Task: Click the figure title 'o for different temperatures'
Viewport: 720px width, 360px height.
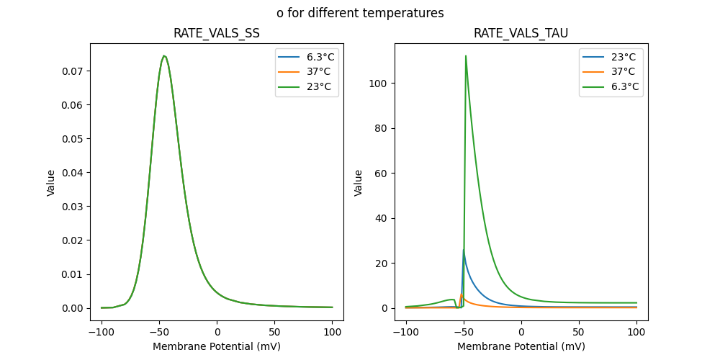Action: coord(360,13)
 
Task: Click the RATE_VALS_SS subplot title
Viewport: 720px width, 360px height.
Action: coord(217,33)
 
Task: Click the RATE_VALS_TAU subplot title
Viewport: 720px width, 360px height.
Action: coord(521,33)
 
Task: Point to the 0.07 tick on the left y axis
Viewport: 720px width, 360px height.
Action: coord(73,71)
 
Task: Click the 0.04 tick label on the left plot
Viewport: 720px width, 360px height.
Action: coord(73,173)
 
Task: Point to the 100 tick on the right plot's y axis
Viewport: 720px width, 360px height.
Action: coord(379,84)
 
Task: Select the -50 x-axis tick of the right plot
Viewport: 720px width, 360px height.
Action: coord(464,332)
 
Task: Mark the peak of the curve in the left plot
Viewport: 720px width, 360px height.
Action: coord(164,56)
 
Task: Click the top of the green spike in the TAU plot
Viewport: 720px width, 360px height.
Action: coord(466,55)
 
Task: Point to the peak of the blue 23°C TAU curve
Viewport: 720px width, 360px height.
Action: coord(464,251)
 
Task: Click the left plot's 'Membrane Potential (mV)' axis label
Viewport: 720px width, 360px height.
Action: coord(217,346)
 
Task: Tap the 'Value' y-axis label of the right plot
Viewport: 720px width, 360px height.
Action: coord(359,183)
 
